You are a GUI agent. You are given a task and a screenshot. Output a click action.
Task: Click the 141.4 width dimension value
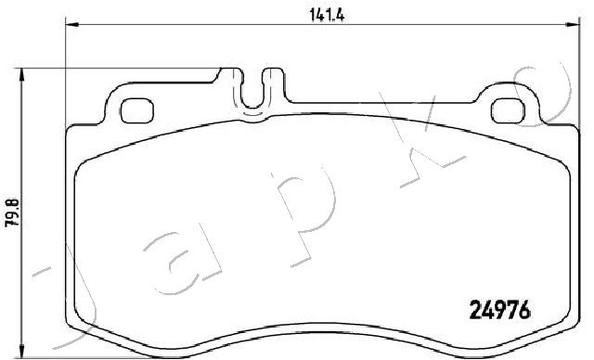tap(327, 15)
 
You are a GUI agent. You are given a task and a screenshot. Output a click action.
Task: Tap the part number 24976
tap(499, 310)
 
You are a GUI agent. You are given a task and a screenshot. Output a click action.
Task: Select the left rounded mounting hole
tap(136, 110)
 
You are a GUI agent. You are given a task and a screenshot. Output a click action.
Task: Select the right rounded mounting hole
tap(508, 110)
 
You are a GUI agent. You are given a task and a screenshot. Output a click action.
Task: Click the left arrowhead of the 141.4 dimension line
tap(72, 25)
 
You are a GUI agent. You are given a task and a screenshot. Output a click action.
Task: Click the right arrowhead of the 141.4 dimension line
tap(573, 25)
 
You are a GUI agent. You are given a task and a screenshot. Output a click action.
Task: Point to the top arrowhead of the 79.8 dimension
tap(22, 74)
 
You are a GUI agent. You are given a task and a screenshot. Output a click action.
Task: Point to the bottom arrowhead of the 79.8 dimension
tap(22, 351)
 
